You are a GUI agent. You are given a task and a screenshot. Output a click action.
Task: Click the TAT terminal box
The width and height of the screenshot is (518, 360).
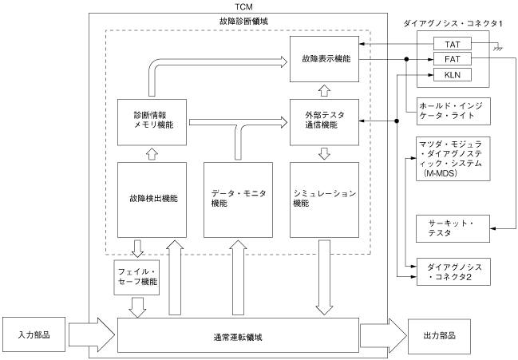click(x=451, y=44)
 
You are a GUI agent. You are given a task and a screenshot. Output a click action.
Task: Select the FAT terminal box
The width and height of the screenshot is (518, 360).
click(x=451, y=59)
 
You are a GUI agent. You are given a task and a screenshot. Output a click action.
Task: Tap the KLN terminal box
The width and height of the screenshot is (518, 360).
click(x=451, y=74)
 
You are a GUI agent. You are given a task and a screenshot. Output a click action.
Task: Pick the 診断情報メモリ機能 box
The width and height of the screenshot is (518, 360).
click(x=151, y=121)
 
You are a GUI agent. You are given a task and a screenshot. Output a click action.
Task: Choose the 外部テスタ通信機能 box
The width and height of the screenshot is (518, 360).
click(x=323, y=121)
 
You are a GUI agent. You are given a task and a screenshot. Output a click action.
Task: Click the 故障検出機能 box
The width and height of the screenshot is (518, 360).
click(x=151, y=199)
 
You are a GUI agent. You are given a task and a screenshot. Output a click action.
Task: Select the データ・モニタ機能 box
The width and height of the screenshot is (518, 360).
click(x=237, y=199)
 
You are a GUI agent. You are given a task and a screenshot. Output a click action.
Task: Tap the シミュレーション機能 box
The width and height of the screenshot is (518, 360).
click(x=323, y=199)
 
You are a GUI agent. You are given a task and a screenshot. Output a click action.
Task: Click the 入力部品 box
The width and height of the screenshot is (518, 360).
click(x=34, y=334)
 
